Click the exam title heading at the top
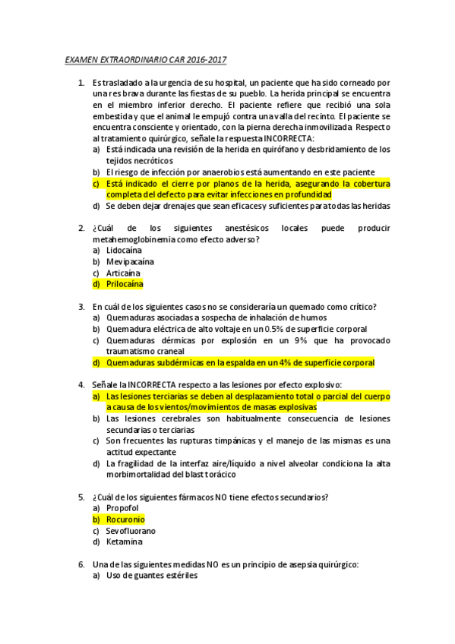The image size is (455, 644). click(x=146, y=59)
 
